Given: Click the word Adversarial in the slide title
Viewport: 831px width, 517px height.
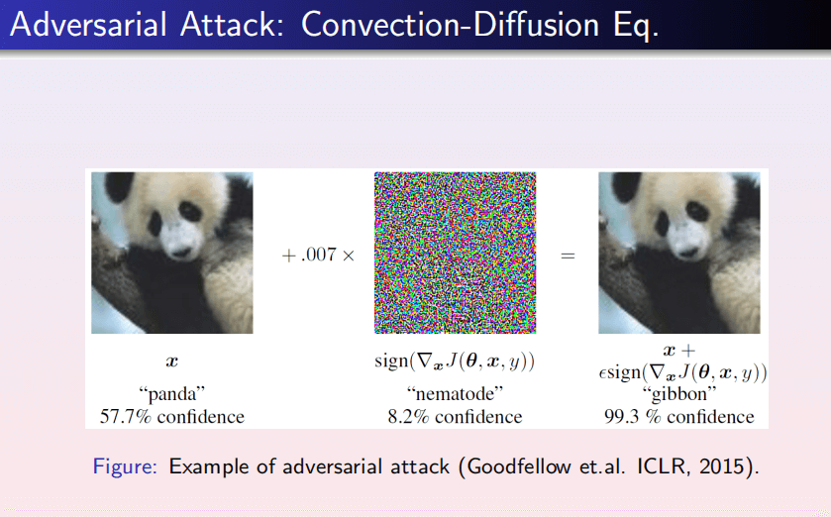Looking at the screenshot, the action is pyautogui.click(x=89, y=25).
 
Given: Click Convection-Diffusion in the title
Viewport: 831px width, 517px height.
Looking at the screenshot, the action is pyautogui.click(x=450, y=25).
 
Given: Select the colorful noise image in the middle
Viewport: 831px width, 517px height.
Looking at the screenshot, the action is pyautogui.click(x=456, y=253).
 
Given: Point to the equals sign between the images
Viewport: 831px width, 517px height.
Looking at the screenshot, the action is pyautogui.click(x=568, y=257).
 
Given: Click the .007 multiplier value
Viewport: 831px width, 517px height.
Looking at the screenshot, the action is pyautogui.click(x=319, y=255).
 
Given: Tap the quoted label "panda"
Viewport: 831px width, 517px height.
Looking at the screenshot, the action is pyautogui.click(x=171, y=393).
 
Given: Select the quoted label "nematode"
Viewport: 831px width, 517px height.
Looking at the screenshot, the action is pyautogui.click(x=455, y=393).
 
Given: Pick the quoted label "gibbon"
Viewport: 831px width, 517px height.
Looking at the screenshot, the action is pyautogui.click(x=678, y=393).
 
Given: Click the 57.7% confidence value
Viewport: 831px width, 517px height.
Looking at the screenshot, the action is pyautogui.click(x=126, y=416).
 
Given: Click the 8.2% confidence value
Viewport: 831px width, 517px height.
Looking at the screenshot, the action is pyautogui.click(x=408, y=416).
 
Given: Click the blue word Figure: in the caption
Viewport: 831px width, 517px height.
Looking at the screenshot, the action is pyautogui.click(x=125, y=466).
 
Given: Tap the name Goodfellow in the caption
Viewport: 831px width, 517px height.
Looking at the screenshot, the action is pyautogui.click(x=519, y=466).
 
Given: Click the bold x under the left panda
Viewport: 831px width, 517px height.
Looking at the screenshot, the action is pyautogui.click(x=171, y=362).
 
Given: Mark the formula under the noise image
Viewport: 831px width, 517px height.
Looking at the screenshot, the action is pyautogui.click(x=455, y=362).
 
